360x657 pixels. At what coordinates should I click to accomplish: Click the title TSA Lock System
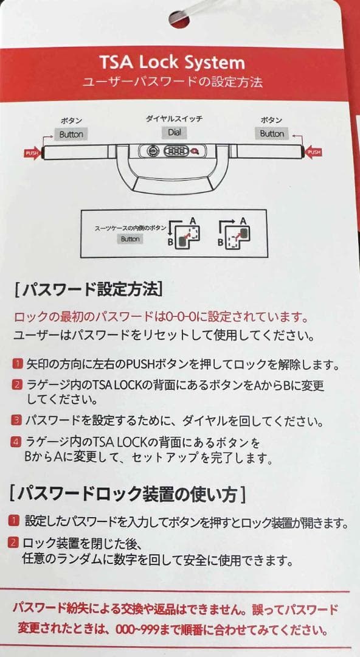click(173, 62)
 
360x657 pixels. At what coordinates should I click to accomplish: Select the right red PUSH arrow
click(314, 151)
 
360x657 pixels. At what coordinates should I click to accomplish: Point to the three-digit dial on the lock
click(176, 152)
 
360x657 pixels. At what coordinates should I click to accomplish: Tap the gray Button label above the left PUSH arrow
click(71, 134)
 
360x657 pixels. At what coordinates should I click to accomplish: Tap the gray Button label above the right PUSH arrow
click(272, 133)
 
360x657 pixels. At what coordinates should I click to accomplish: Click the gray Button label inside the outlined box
click(130, 239)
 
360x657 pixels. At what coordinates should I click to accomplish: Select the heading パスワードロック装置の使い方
click(128, 493)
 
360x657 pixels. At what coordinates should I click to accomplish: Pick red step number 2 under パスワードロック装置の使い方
click(14, 542)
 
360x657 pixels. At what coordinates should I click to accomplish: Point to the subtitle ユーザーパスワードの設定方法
click(173, 82)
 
